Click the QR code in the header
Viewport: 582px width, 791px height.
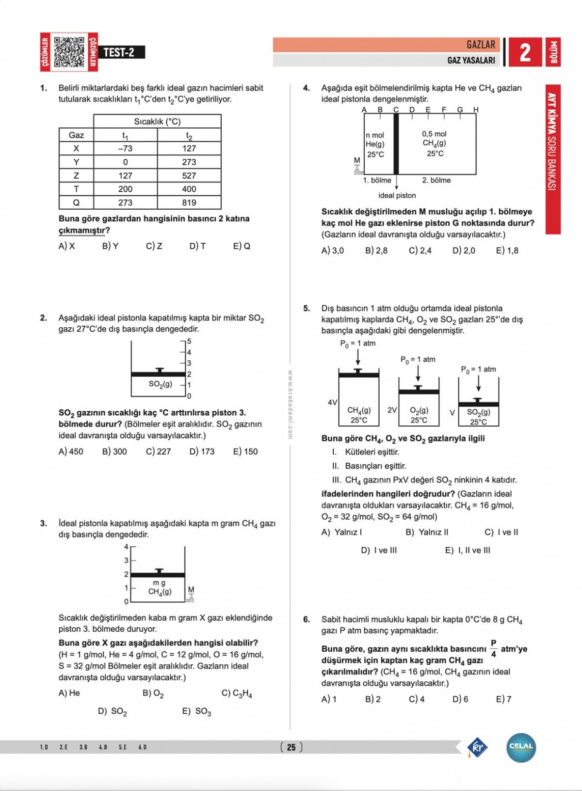coord(69,52)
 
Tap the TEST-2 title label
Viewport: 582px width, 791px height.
coord(119,52)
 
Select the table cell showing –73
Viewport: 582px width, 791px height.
coord(125,149)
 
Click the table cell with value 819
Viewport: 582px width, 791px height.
coord(189,202)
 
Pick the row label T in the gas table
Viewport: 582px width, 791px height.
coord(76,189)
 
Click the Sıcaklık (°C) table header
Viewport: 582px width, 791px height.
coord(157,121)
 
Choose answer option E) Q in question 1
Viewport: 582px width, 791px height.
coord(242,246)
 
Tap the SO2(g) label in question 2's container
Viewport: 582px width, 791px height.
coord(160,384)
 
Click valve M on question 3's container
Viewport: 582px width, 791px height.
coord(191,595)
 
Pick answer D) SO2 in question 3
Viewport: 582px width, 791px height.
coord(113,711)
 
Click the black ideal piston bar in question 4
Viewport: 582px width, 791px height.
coord(396,144)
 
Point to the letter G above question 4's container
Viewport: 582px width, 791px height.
coord(460,110)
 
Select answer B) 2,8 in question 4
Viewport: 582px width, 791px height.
coord(376,251)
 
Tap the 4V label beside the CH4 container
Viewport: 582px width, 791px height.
coord(332,403)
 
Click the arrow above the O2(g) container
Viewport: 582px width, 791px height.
coord(418,373)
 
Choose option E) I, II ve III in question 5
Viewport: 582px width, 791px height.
coord(468,550)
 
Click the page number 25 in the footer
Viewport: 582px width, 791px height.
coord(291,747)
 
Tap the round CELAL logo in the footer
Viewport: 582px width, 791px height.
coord(521,747)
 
